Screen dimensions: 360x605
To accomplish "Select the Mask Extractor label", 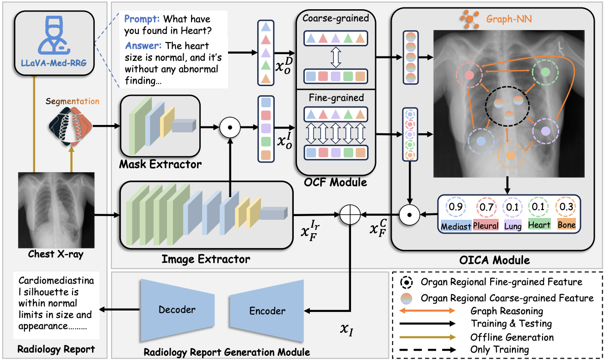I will click(160, 164).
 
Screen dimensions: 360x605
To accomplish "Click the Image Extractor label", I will click(206, 259).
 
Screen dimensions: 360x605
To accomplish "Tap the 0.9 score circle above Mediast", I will click(454, 207).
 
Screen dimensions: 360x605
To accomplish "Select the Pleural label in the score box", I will click(486, 225).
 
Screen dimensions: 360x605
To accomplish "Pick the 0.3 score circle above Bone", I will click(566, 207).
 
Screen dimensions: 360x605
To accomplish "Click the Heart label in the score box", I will click(539, 225).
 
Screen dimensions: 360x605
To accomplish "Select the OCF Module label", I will click(336, 182).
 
